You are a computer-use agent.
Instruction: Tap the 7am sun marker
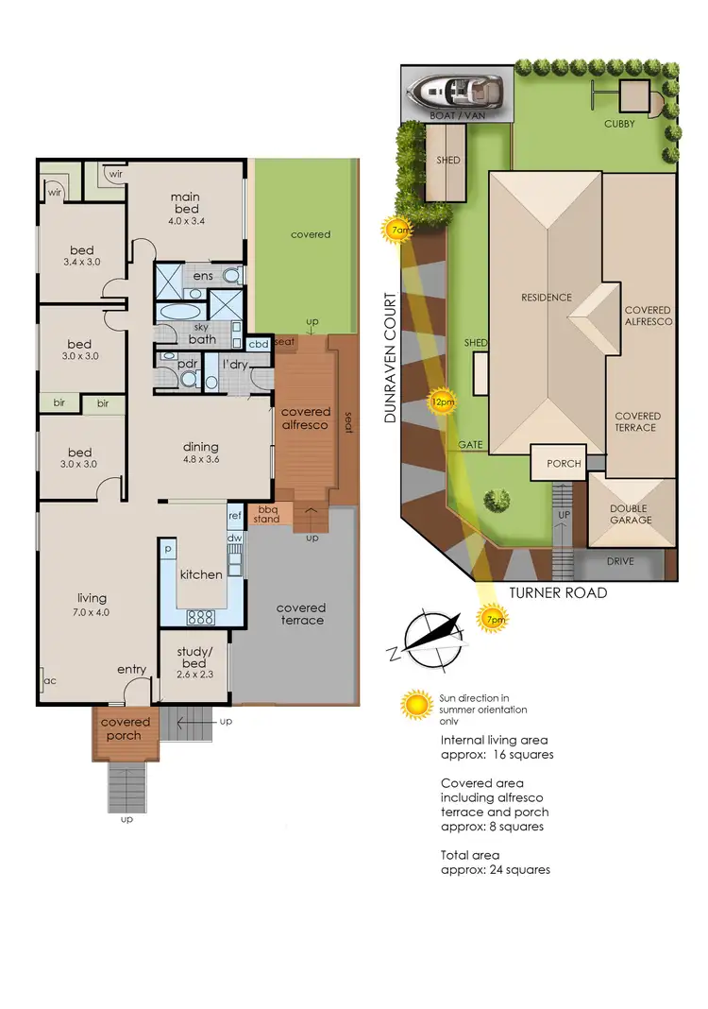tap(396, 229)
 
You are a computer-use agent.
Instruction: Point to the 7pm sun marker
tap(493, 620)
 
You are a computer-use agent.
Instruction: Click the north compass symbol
tap(431, 636)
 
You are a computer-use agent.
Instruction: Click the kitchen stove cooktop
tap(202, 616)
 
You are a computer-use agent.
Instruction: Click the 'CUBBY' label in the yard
tap(620, 124)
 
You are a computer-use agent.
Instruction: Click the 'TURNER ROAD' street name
tap(557, 592)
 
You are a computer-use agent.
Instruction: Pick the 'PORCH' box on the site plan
tap(565, 463)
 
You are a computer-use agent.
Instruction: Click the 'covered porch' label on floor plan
tap(124, 728)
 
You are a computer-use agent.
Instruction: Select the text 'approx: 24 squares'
tap(496, 869)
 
